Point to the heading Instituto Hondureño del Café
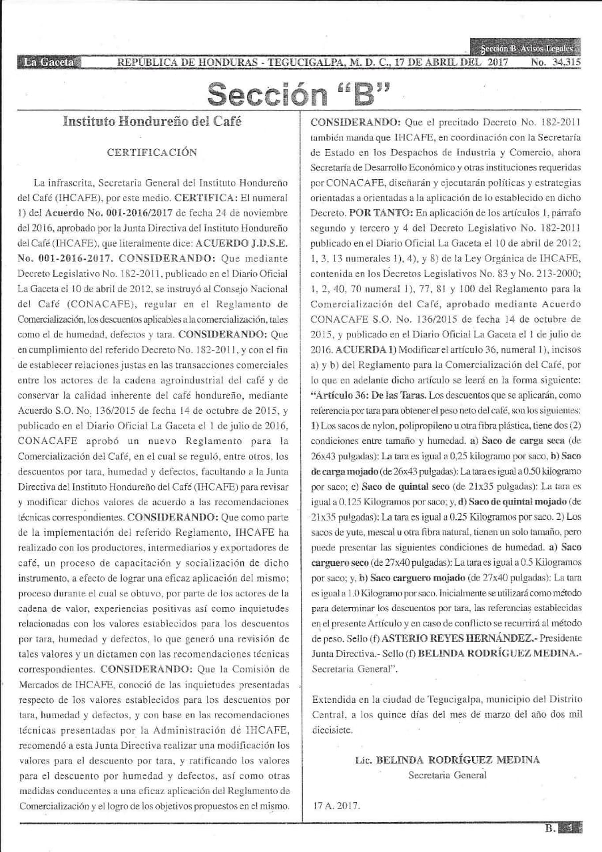coord(152,121)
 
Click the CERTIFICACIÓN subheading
coord(152,152)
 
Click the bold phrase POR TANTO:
coord(377,213)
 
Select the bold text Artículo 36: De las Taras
coord(363,394)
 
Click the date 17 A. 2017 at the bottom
coord(336,805)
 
